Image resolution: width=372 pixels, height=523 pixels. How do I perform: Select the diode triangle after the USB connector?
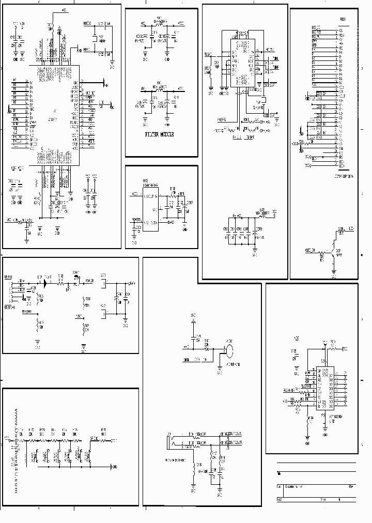click(47, 283)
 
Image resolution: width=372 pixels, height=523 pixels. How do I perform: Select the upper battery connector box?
click(104, 284)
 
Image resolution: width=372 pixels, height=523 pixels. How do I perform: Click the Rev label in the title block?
click(351, 487)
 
